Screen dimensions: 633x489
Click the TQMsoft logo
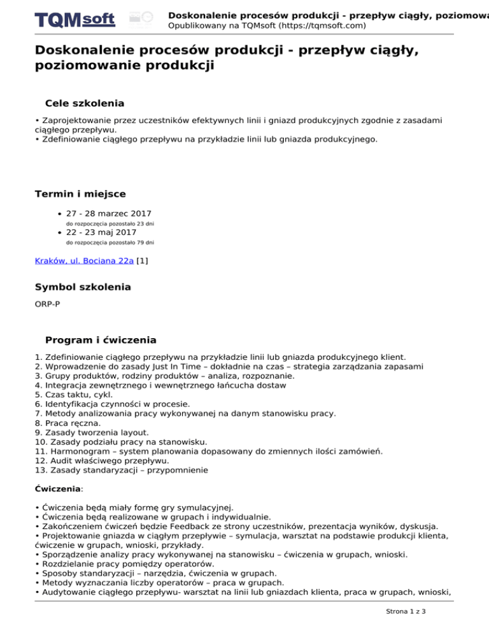click(x=75, y=19)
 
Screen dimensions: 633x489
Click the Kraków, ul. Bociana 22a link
click(x=84, y=260)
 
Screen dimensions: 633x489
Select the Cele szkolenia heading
click(x=85, y=103)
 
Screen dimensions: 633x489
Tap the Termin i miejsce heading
click(x=80, y=194)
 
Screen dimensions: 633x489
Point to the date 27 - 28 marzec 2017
click(x=109, y=213)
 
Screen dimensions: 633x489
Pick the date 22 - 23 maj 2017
click(x=106, y=232)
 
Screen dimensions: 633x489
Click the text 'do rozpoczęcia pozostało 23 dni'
click(x=110, y=224)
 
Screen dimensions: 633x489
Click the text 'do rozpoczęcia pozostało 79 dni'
click(x=110, y=243)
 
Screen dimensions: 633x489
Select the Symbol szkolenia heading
click(x=83, y=287)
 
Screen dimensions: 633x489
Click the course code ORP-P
click(x=48, y=305)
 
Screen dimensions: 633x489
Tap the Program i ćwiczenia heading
click(x=101, y=340)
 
